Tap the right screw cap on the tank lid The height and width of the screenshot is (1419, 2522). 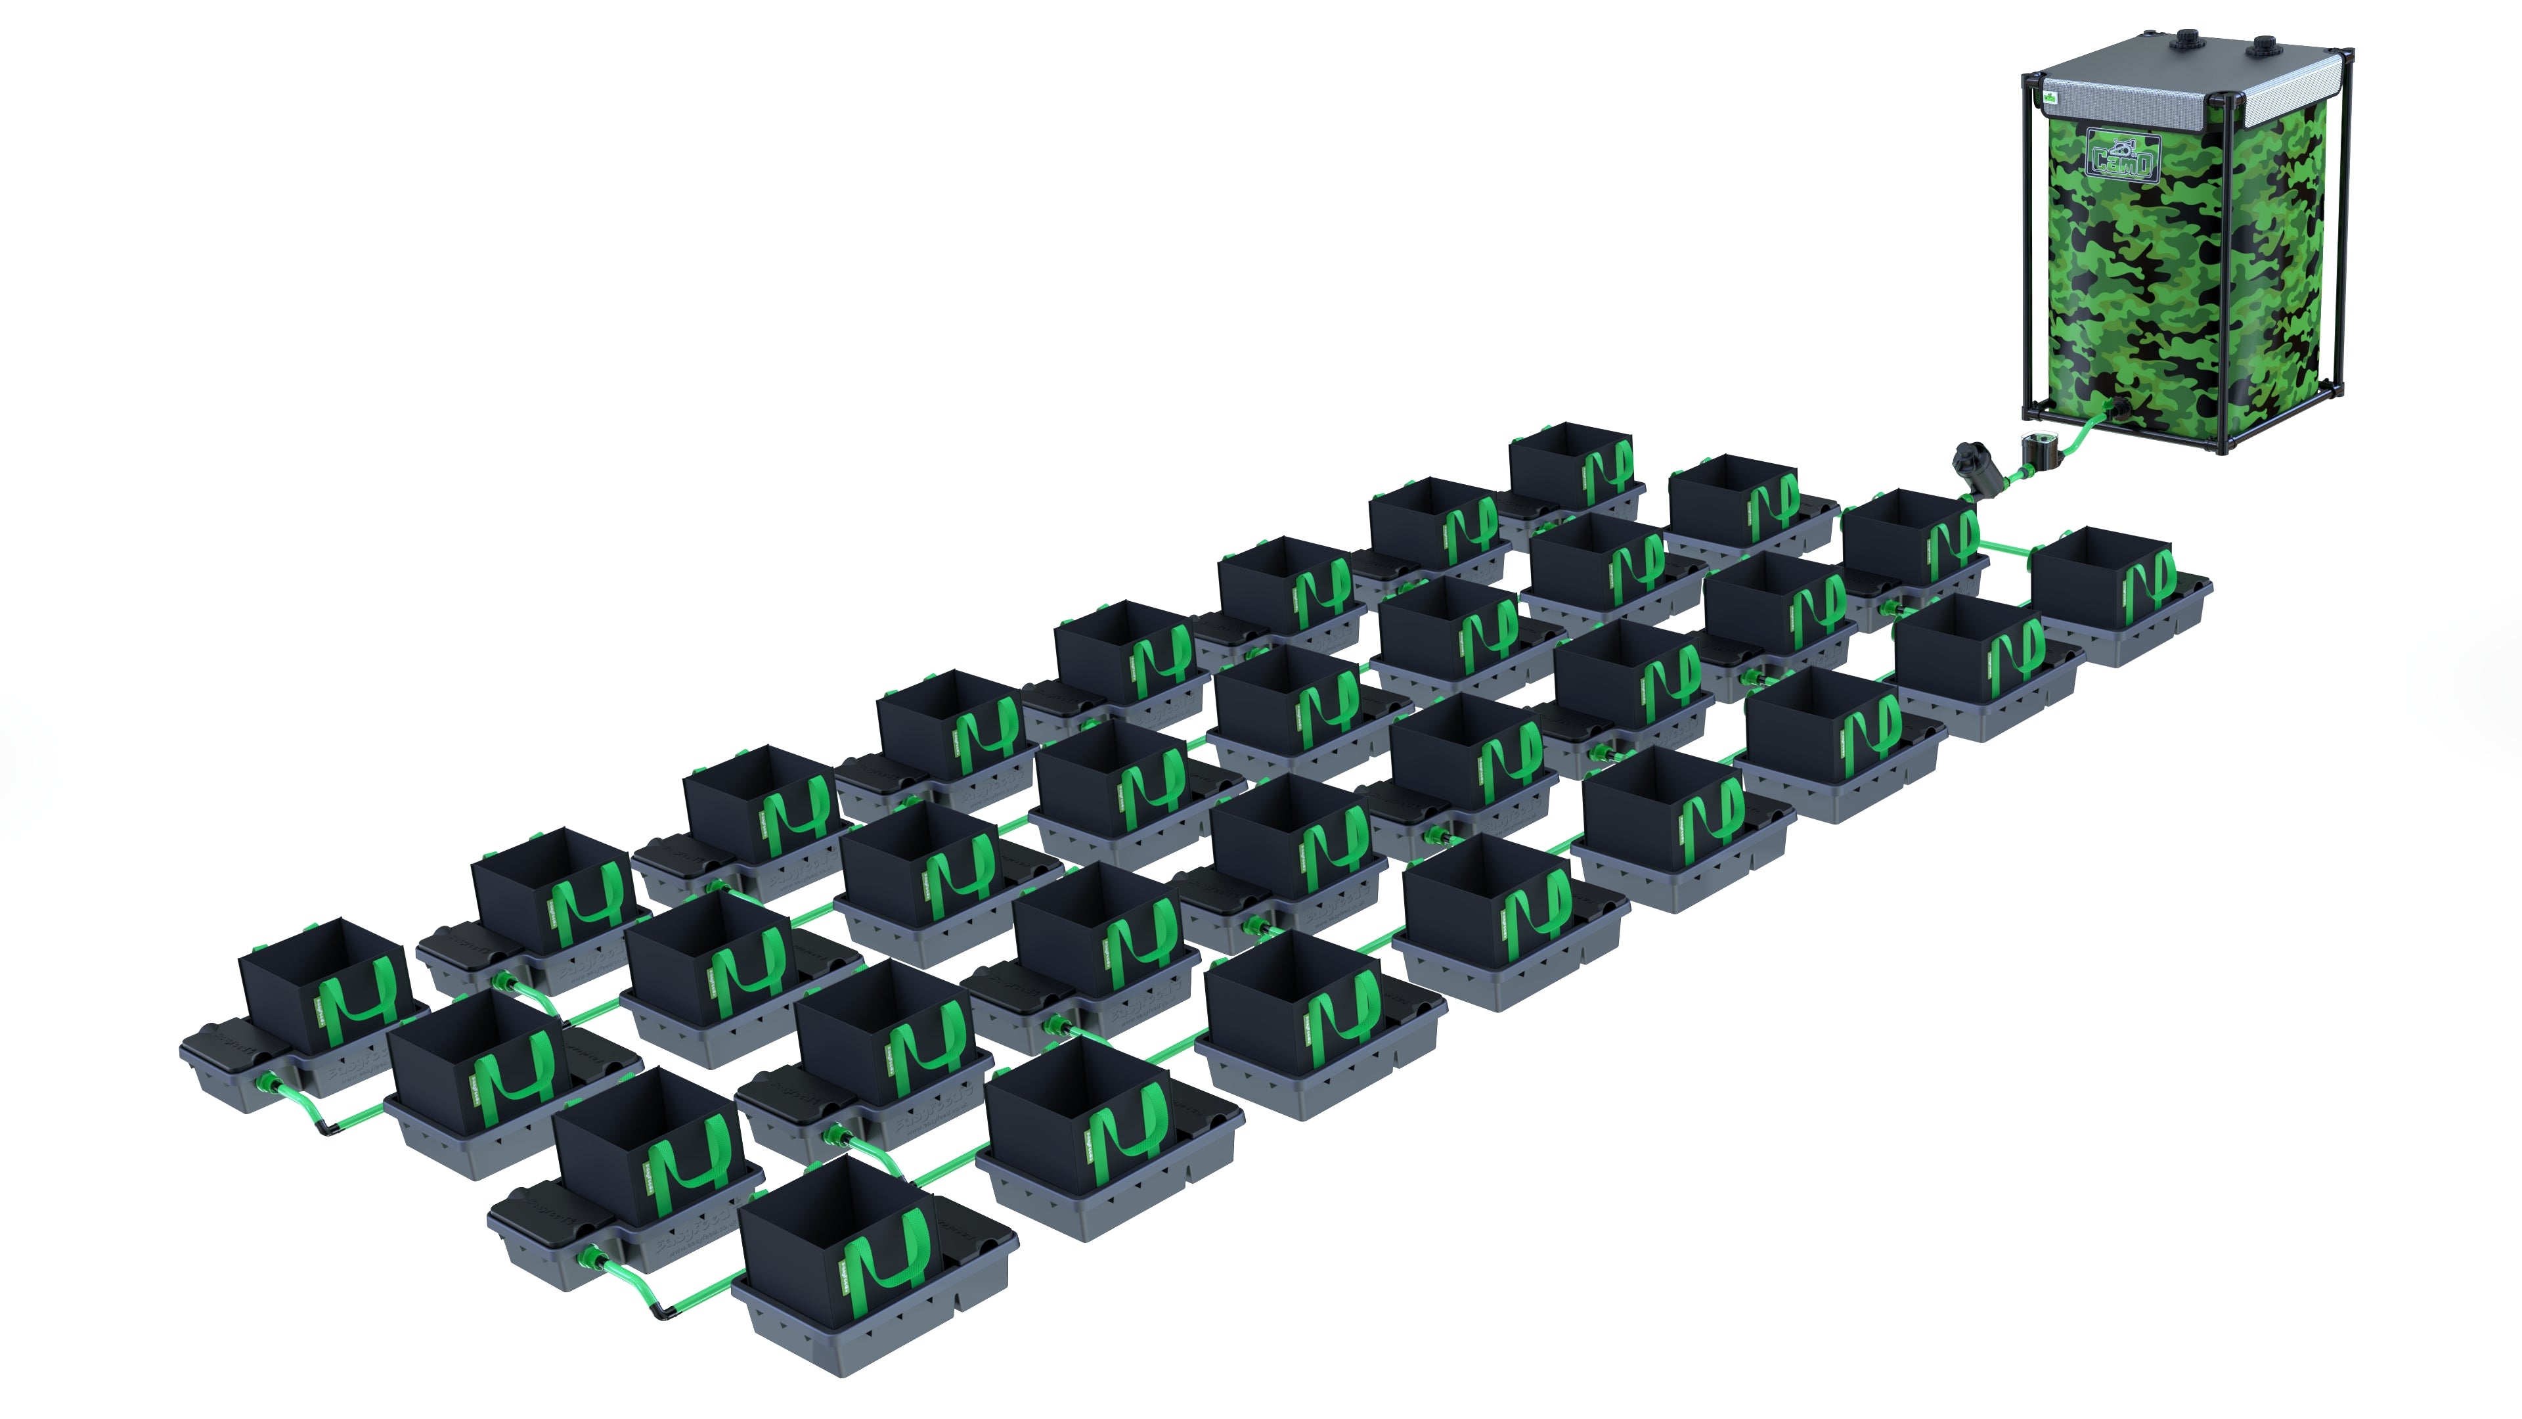[x=2265, y=45]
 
